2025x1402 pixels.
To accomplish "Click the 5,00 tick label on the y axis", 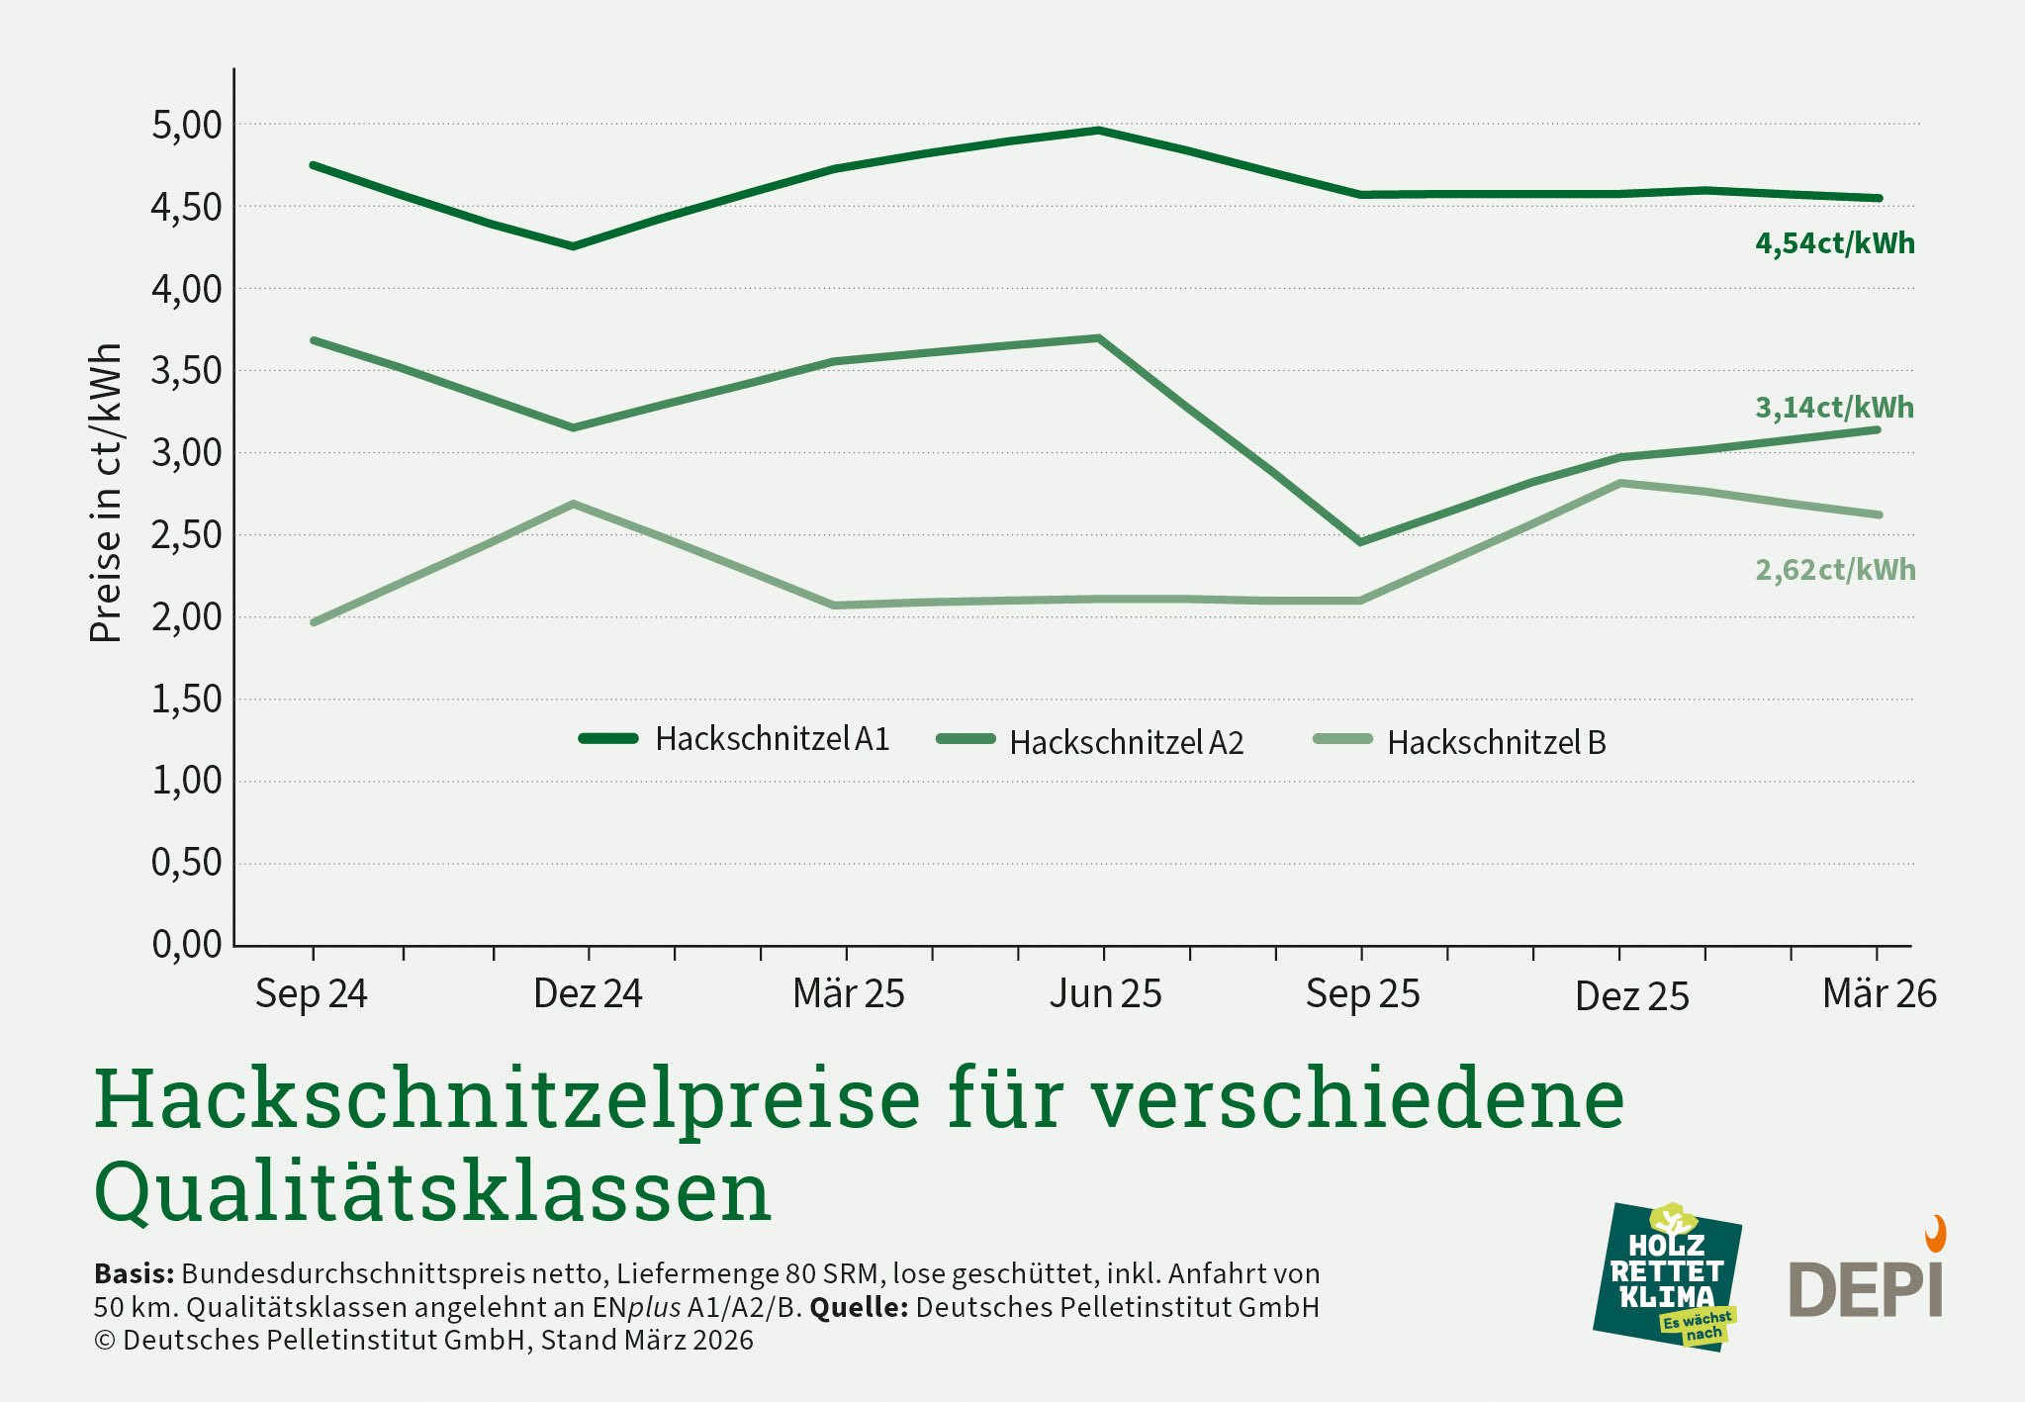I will [187, 126].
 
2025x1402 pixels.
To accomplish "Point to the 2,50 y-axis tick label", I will [187, 535].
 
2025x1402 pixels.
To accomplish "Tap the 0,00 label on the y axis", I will [187, 945].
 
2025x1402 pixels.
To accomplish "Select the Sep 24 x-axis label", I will [311, 993].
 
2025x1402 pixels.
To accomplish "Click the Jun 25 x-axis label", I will [1105, 993].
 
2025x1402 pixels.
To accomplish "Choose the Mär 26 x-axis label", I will [1879, 993].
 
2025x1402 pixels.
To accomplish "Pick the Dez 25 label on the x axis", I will [1631, 996].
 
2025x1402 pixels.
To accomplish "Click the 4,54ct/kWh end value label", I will [1835, 243].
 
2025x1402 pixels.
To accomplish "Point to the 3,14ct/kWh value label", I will [1834, 408].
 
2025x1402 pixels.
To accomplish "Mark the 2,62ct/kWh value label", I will [1835, 570].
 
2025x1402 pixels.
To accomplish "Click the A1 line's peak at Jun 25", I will [1098, 131].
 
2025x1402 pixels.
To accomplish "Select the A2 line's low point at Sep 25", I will [1361, 542].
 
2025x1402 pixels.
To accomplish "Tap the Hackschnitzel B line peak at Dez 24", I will [574, 505].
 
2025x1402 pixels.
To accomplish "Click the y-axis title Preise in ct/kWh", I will [106, 493].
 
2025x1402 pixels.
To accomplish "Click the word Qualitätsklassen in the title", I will [432, 1191].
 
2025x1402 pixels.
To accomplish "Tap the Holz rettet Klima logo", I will [1667, 1277].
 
